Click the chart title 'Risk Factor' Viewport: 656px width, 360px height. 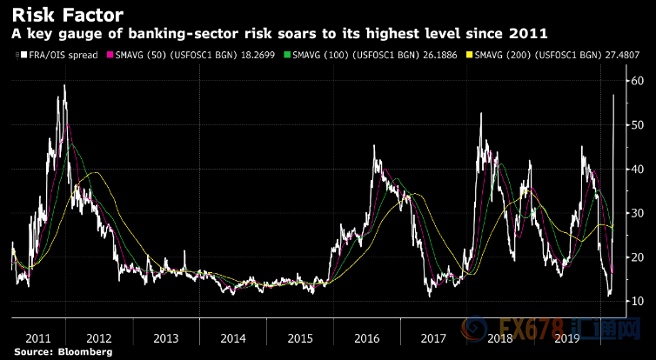pos(67,15)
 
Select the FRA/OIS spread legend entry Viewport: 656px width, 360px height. pos(52,55)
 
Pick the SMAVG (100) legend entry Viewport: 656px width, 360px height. pos(334,55)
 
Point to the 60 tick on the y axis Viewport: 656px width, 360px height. pos(638,81)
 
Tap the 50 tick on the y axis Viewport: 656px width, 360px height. pos(638,125)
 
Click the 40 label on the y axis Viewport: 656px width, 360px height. pos(638,169)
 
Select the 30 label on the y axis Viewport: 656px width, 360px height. pos(638,213)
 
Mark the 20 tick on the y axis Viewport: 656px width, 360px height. pos(638,257)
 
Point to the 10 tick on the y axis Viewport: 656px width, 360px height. pos(638,301)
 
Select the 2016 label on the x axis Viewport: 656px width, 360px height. pos(366,336)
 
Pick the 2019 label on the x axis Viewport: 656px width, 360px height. pos(567,336)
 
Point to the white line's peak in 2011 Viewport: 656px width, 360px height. pos(65,85)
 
